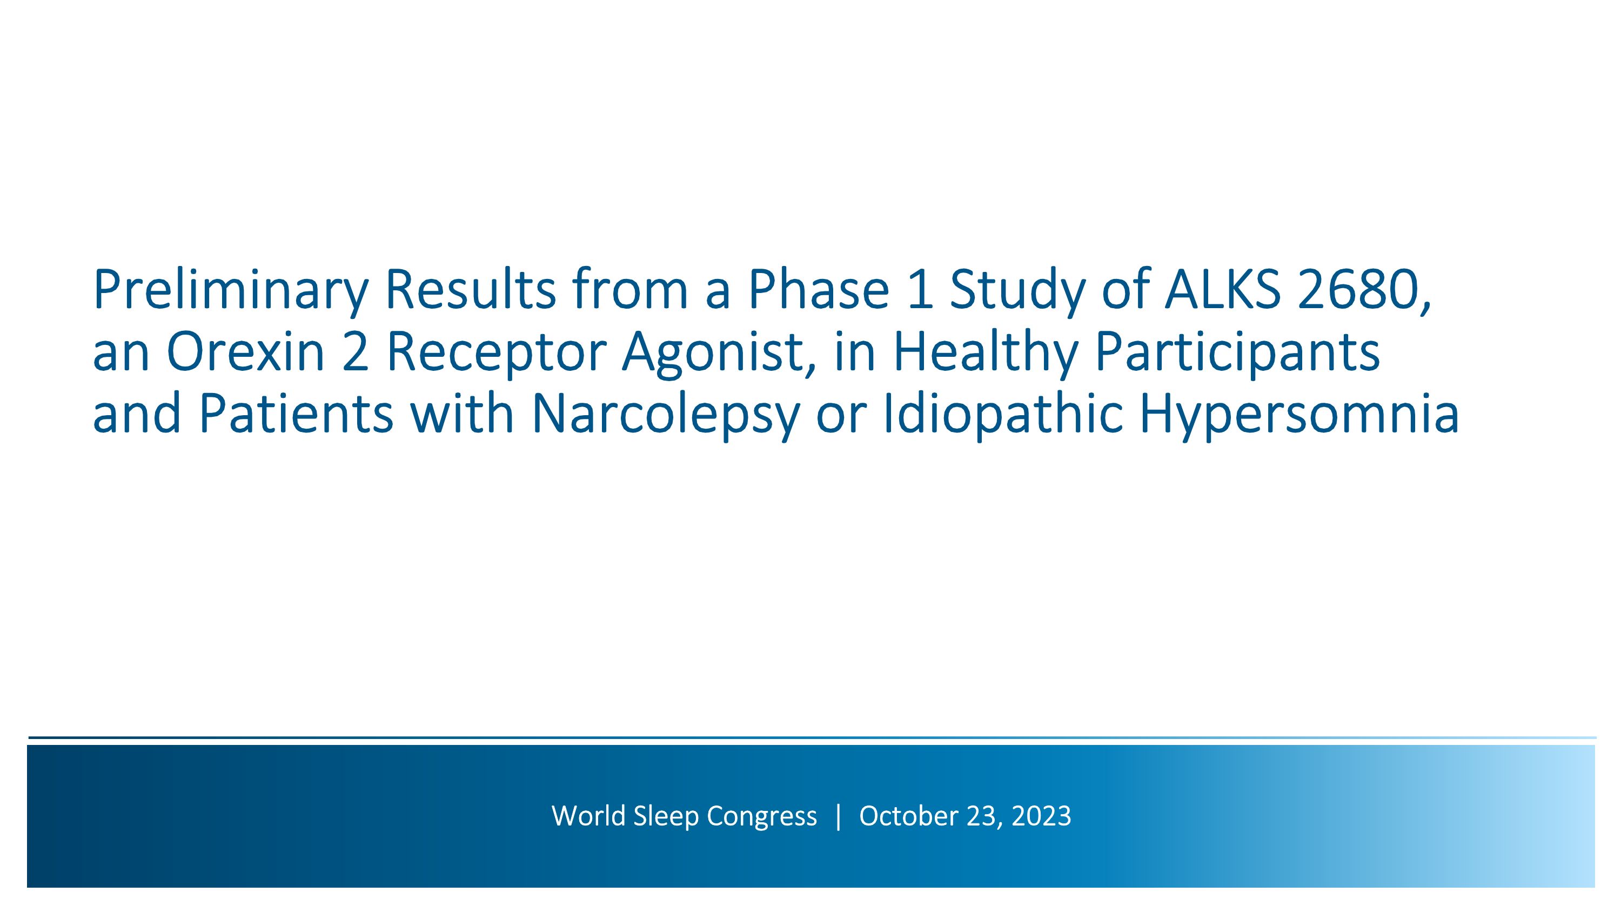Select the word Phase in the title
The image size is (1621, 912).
pyautogui.click(x=818, y=290)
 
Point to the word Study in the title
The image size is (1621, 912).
pyautogui.click(x=1017, y=290)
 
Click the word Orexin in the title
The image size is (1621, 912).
pyautogui.click(x=245, y=352)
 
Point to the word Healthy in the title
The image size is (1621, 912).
pyautogui.click(x=986, y=352)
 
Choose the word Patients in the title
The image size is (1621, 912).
pyautogui.click(x=296, y=415)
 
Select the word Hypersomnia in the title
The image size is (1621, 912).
pyautogui.click(x=1299, y=415)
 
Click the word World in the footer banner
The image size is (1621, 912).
pyautogui.click(x=588, y=816)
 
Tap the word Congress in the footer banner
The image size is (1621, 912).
pyautogui.click(x=761, y=816)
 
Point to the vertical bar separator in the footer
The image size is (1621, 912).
pyautogui.click(x=838, y=816)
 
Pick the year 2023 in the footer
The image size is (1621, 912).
pyautogui.click(x=1041, y=816)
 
